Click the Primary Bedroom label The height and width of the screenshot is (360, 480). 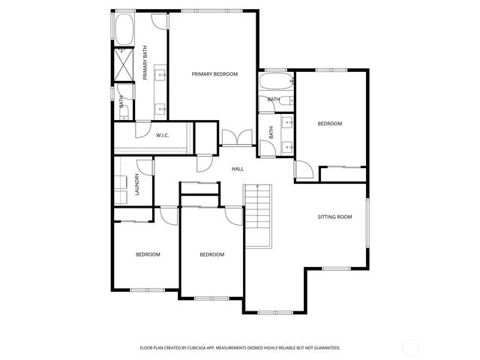(x=214, y=74)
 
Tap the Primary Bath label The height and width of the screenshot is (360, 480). (x=145, y=63)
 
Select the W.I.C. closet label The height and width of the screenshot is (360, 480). (x=163, y=135)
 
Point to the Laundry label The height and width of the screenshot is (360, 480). (x=138, y=185)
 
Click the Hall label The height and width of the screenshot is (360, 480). (x=238, y=169)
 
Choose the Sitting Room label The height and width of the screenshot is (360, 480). (x=334, y=217)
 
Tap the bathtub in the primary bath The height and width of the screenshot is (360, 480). (x=123, y=28)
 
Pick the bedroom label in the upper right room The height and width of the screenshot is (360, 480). (x=329, y=124)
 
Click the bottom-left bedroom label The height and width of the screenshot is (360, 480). (x=148, y=254)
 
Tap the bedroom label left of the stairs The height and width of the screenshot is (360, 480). (x=212, y=254)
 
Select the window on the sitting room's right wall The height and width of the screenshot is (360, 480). (x=367, y=221)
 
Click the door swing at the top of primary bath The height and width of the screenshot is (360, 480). (x=160, y=21)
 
